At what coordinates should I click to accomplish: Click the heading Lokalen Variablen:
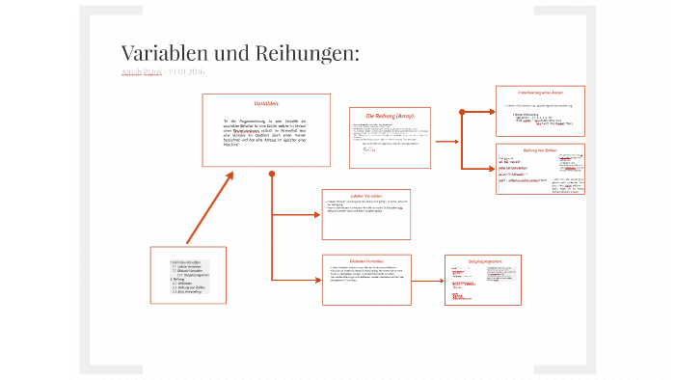365,194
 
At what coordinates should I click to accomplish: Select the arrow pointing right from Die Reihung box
446,141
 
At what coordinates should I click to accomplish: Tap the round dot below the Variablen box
272,175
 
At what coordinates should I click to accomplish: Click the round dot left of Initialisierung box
463,113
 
